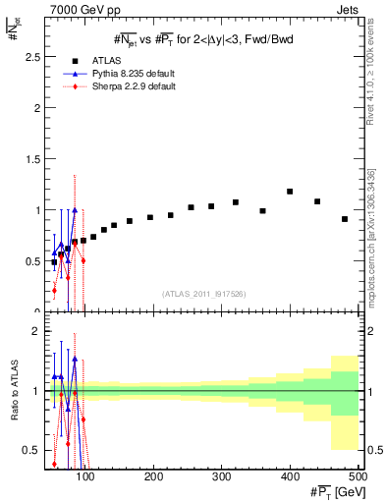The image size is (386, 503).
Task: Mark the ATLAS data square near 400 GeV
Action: tap(290, 192)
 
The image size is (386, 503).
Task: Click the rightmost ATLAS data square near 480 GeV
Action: tap(345, 219)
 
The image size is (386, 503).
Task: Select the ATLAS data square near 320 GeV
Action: tap(236, 202)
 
